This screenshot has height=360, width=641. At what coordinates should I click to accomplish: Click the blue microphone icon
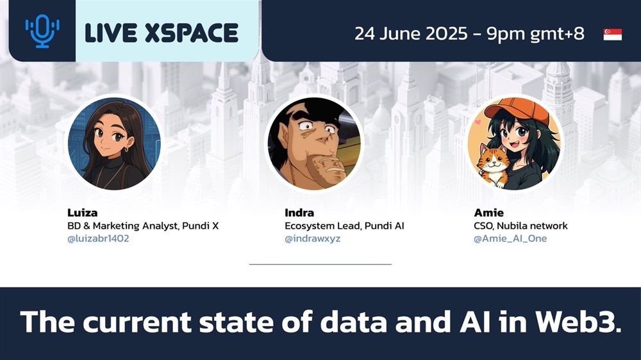(x=42, y=31)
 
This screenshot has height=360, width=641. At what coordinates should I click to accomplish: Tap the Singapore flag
(x=612, y=35)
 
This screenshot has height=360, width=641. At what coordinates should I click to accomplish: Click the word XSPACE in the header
(x=191, y=33)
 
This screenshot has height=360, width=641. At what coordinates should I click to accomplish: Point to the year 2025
(x=446, y=33)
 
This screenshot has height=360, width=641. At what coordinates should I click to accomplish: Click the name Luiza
(x=82, y=213)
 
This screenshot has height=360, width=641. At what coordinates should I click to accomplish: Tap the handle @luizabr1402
(x=98, y=239)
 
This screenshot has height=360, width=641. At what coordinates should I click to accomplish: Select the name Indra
(x=299, y=213)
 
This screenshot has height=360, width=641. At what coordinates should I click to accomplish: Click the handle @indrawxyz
(x=312, y=239)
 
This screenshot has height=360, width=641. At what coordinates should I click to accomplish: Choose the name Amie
(x=488, y=213)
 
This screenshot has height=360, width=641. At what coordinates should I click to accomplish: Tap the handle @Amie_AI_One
(x=510, y=239)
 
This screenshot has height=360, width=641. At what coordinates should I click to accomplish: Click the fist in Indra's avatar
(x=327, y=168)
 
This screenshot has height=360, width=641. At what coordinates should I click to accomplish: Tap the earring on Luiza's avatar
(x=127, y=149)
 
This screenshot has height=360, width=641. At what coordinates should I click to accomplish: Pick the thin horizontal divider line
(x=320, y=265)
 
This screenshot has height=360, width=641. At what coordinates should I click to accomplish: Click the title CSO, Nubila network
(x=520, y=226)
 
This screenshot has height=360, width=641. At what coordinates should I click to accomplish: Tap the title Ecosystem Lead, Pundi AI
(x=344, y=226)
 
